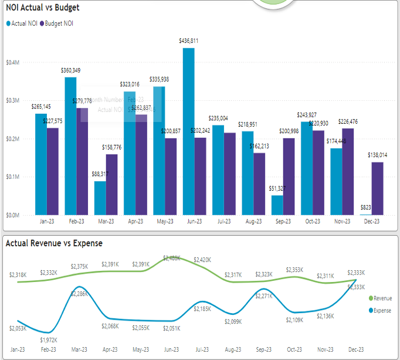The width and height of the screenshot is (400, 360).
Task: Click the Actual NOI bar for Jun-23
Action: (188, 131)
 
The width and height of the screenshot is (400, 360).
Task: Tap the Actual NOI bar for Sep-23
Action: (277, 205)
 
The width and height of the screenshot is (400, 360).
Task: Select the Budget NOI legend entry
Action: (57, 23)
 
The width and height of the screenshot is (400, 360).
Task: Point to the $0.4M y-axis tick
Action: (12, 62)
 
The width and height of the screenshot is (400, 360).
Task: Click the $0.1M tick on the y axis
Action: (12, 176)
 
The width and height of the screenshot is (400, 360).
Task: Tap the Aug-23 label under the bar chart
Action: (253, 222)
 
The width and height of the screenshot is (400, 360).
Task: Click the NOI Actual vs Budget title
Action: (43, 8)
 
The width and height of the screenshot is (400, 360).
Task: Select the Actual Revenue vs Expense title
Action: (54, 243)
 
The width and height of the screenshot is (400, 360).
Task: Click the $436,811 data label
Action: (188, 41)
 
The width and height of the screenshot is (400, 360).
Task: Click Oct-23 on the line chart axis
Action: (294, 349)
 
